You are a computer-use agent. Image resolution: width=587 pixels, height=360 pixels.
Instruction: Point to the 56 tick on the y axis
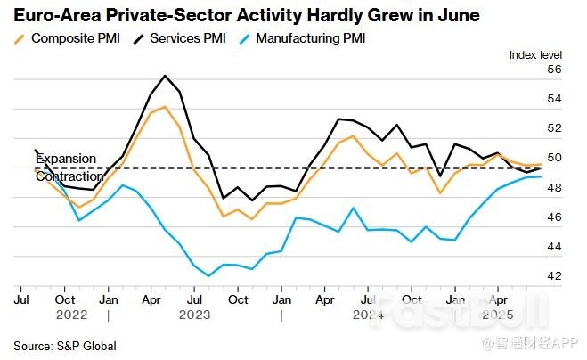pyautogui.click(x=554, y=70)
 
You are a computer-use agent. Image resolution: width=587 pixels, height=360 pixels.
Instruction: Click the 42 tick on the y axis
pyautogui.click(x=554, y=276)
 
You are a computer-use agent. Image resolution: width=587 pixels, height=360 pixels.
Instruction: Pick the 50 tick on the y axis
pyautogui.click(x=554, y=159)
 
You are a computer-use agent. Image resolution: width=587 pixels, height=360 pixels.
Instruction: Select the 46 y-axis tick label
pyautogui.click(x=554, y=217)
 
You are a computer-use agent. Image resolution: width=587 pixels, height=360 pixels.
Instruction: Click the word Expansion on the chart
pyautogui.click(x=66, y=159)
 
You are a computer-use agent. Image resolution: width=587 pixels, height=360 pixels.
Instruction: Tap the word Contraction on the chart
pyautogui.click(x=69, y=176)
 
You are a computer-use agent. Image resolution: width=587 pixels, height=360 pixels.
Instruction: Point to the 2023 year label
pyautogui.click(x=194, y=315)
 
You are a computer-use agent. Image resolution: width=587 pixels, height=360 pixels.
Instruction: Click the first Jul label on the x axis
pyautogui.click(x=21, y=300)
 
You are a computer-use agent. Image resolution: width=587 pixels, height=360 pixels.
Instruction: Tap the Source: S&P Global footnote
pyautogui.click(x=65, y=346)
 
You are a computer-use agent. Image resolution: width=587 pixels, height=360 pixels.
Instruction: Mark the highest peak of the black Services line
pyautogui.click(x=166, y=76)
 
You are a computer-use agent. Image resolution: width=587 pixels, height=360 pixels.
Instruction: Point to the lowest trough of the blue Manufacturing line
pyautogui.click(x=208, y=276)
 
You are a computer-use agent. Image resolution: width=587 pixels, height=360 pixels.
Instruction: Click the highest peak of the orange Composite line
pyautogui.click(x=165, y=108)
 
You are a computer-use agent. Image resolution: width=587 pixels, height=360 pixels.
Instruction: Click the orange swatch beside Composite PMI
pyautogui.click(x=20, y=39)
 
